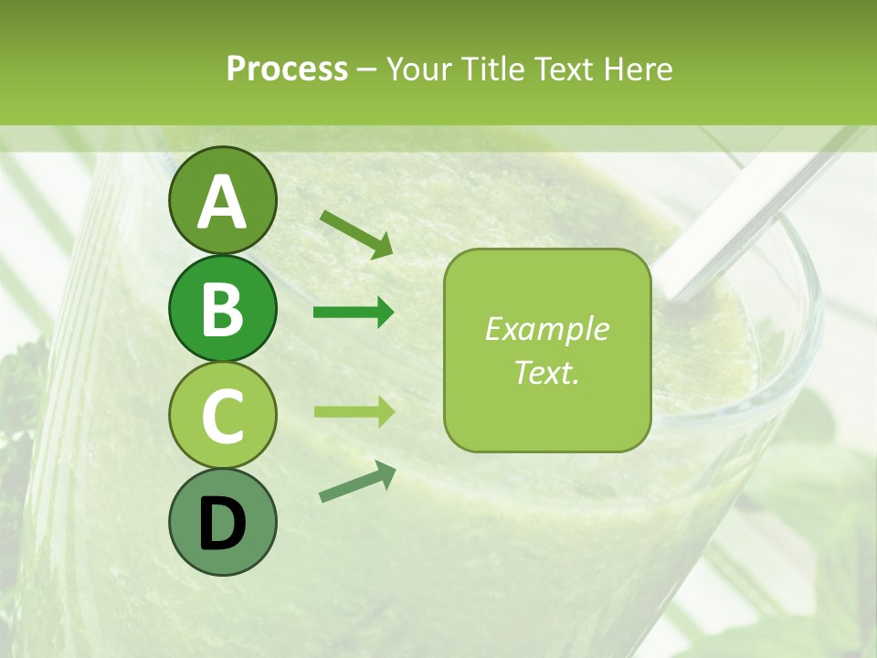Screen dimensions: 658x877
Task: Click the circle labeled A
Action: pos(222,200)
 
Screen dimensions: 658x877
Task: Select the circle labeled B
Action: pos(222,308)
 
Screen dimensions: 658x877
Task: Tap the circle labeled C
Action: pos(222,415)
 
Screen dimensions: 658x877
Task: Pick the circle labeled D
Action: pos(222,522)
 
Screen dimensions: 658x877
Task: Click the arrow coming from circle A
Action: pos(356,233)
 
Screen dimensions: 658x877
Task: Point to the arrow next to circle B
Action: pos(354,313)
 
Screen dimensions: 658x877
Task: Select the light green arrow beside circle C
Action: pos(354,411)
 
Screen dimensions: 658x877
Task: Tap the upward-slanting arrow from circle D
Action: pos(357,482)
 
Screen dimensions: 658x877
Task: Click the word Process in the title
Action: pos(287,69)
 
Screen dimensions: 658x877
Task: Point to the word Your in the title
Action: pos(417,69)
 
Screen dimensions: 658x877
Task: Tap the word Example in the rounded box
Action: pos(546,330)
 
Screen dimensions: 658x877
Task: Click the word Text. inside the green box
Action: pos(546,372)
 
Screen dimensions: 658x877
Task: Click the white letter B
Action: pos(222,309)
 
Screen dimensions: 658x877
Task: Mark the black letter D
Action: pos(222,523)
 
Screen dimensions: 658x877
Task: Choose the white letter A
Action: pos(222,202)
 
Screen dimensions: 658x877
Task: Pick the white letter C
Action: pos(222,416)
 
